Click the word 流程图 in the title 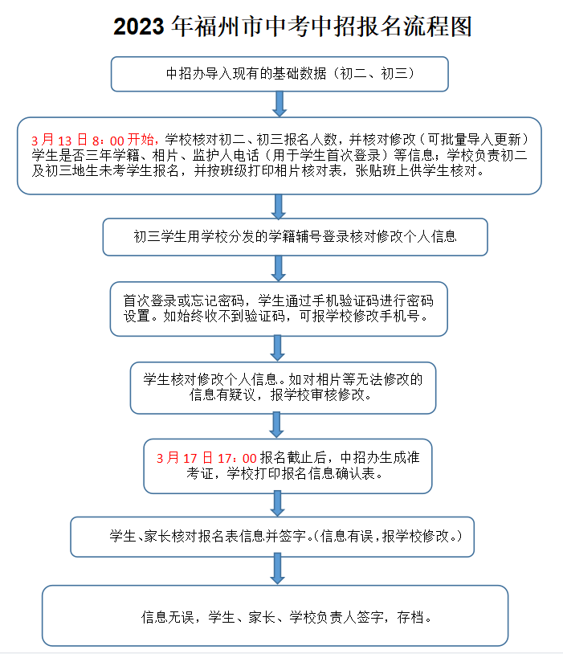click(439, 27)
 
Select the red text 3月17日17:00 click(206, 457)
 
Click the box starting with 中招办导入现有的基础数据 click(279, 73)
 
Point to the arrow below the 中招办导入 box click(279, 104)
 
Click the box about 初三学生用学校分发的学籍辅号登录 click(295, 237)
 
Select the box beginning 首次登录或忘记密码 click(279, 308)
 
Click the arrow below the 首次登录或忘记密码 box click(278, 348)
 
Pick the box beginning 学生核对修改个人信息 click(283, 386)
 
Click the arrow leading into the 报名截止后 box click(277, 424)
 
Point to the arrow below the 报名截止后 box click(278, 503)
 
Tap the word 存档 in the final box click(414, 617)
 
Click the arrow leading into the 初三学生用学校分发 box click(279, 206)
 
